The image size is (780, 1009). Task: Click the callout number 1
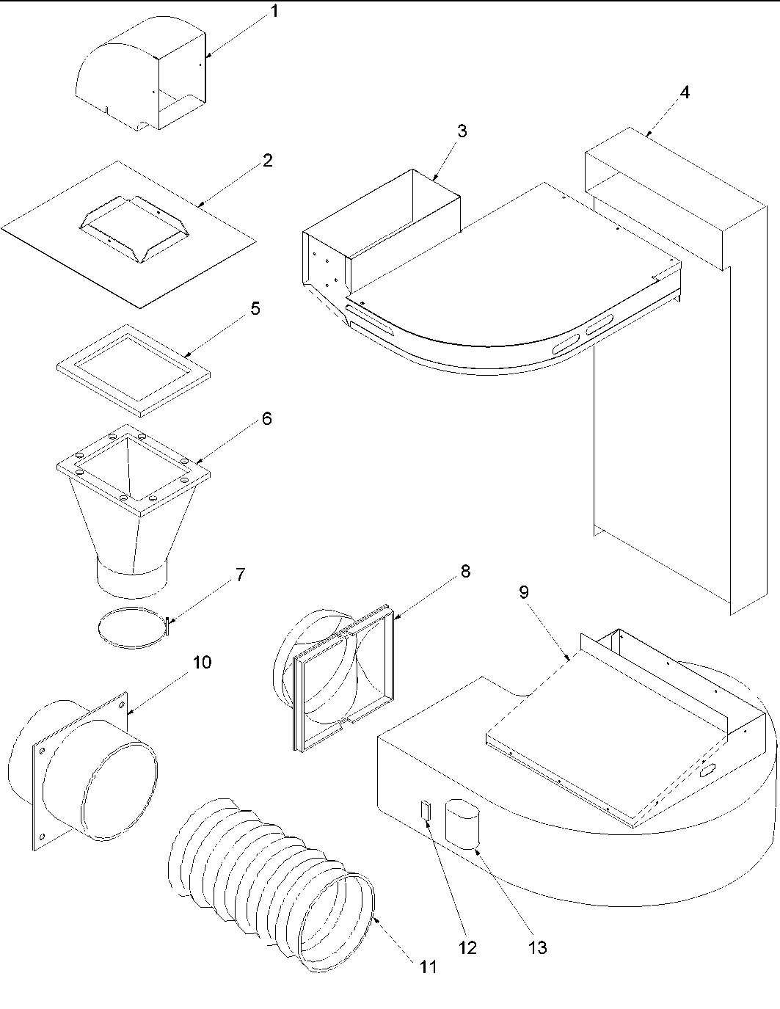tap(274, 12)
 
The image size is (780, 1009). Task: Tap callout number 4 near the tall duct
tap(684, 92)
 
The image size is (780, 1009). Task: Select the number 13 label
tap(537, 948)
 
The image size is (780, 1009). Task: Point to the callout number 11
tap(429, 967)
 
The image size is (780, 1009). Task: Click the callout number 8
tap(465, 571)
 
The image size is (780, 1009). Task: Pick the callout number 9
tap(524, 592)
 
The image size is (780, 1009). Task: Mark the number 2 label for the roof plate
tap(267, 160)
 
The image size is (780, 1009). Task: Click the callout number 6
tap(267, 418)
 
